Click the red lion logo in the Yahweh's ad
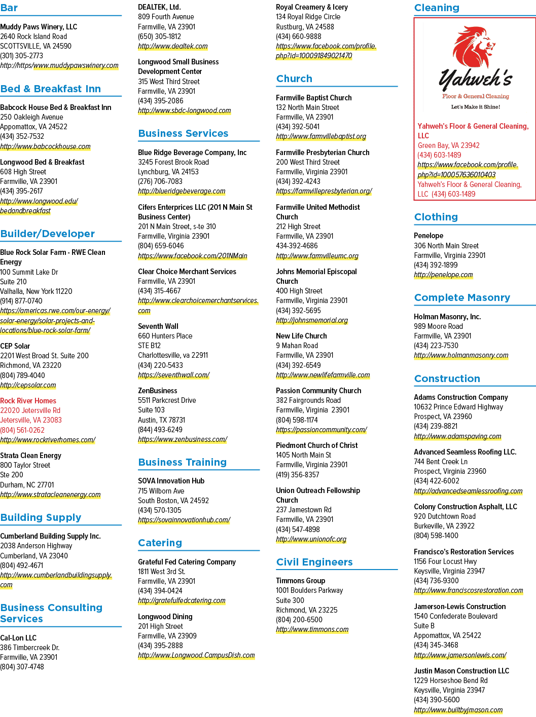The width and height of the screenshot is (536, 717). tap(474, 47)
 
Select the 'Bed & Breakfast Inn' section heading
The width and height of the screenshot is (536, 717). tap(51, 89)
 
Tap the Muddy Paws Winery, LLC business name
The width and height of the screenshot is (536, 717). tap(39, 27)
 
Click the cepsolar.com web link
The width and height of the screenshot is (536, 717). tap(28, 385)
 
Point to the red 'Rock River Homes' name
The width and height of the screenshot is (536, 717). tap(28, 401)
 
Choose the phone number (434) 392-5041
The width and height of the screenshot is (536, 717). tap(298, 127)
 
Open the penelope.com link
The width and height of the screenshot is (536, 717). tap(443, 275)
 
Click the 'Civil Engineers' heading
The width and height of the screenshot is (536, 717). tap(314, 562)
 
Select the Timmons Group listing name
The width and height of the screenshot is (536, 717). tap(300, 581)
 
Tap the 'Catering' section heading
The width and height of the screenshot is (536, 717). tap(160, 543)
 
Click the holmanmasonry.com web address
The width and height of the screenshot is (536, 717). tap(461, 355)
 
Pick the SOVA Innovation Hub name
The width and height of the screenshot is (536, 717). tap(171, 481)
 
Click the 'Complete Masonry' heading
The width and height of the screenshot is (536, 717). tap(462, 297)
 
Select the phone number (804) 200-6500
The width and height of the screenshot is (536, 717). tap(299, 620)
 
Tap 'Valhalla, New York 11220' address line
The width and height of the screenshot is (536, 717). tap(36, 291)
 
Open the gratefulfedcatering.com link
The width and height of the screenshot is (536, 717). tap(182, 600)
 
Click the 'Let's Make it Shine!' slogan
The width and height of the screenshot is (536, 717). tap(476, 107)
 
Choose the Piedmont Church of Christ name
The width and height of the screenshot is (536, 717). tap(317, 445)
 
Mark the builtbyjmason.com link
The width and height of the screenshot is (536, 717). tap(458, 710)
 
